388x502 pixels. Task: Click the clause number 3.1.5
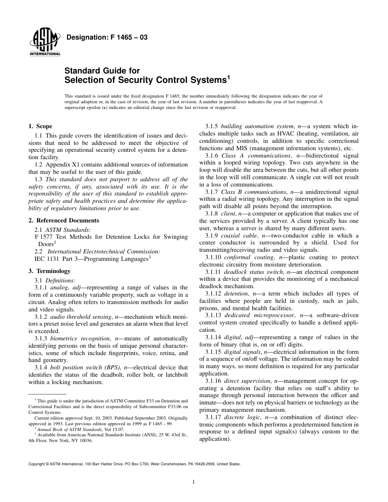pyautogui.click(x=212, y=127)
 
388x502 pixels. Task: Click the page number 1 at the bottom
pyautogui.click(x=194, y=482)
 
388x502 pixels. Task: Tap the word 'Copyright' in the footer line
pyautogui.click(x=37, y=464)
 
